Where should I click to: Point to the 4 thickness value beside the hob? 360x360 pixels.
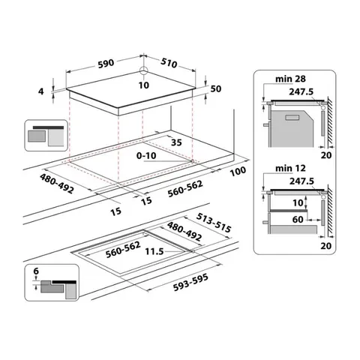pyautogui.click(x=43, y=91)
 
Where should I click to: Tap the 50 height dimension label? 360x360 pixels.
pyautogui.click(x=216, y=88)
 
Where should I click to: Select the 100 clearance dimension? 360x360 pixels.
pyautogui.click(x=238, y=172)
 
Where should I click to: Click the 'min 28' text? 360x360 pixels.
pyautogui.click(x=284, y=79)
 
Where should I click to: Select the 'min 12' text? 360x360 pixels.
pyautogui.click(x=284, y=179)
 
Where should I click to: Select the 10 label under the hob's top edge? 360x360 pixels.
pyautogui.click(x=142, y=85)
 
